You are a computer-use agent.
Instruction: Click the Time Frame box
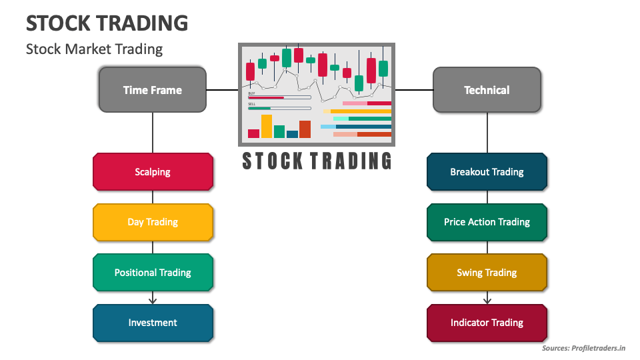coord(152,90)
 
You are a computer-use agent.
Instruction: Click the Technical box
coord(487,90)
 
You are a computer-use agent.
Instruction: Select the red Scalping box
coord(153,172)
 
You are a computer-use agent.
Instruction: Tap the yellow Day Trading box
coord(153,222)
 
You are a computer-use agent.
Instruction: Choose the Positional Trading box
coord(153,273)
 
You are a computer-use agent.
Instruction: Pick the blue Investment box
coord(153,323)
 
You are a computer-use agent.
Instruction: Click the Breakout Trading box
coord(487,172)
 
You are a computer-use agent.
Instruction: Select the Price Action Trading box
coord(487,222)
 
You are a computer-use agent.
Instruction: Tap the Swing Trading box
coord(487,273)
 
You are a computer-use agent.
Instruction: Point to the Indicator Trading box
coord(487,323)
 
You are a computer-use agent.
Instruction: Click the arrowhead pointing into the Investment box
coord(153,301)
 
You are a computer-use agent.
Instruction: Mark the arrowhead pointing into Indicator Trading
coord(487,301)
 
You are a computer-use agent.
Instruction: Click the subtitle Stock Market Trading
coord(94,49)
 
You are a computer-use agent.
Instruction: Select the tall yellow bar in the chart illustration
coord(267,126)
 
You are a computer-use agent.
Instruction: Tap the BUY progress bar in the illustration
coord(279,98)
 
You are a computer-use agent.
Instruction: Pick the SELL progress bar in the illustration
coord(279,108)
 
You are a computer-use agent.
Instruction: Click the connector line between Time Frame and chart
coord(222,90)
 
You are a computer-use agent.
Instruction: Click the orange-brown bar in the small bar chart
coord(305,129)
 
